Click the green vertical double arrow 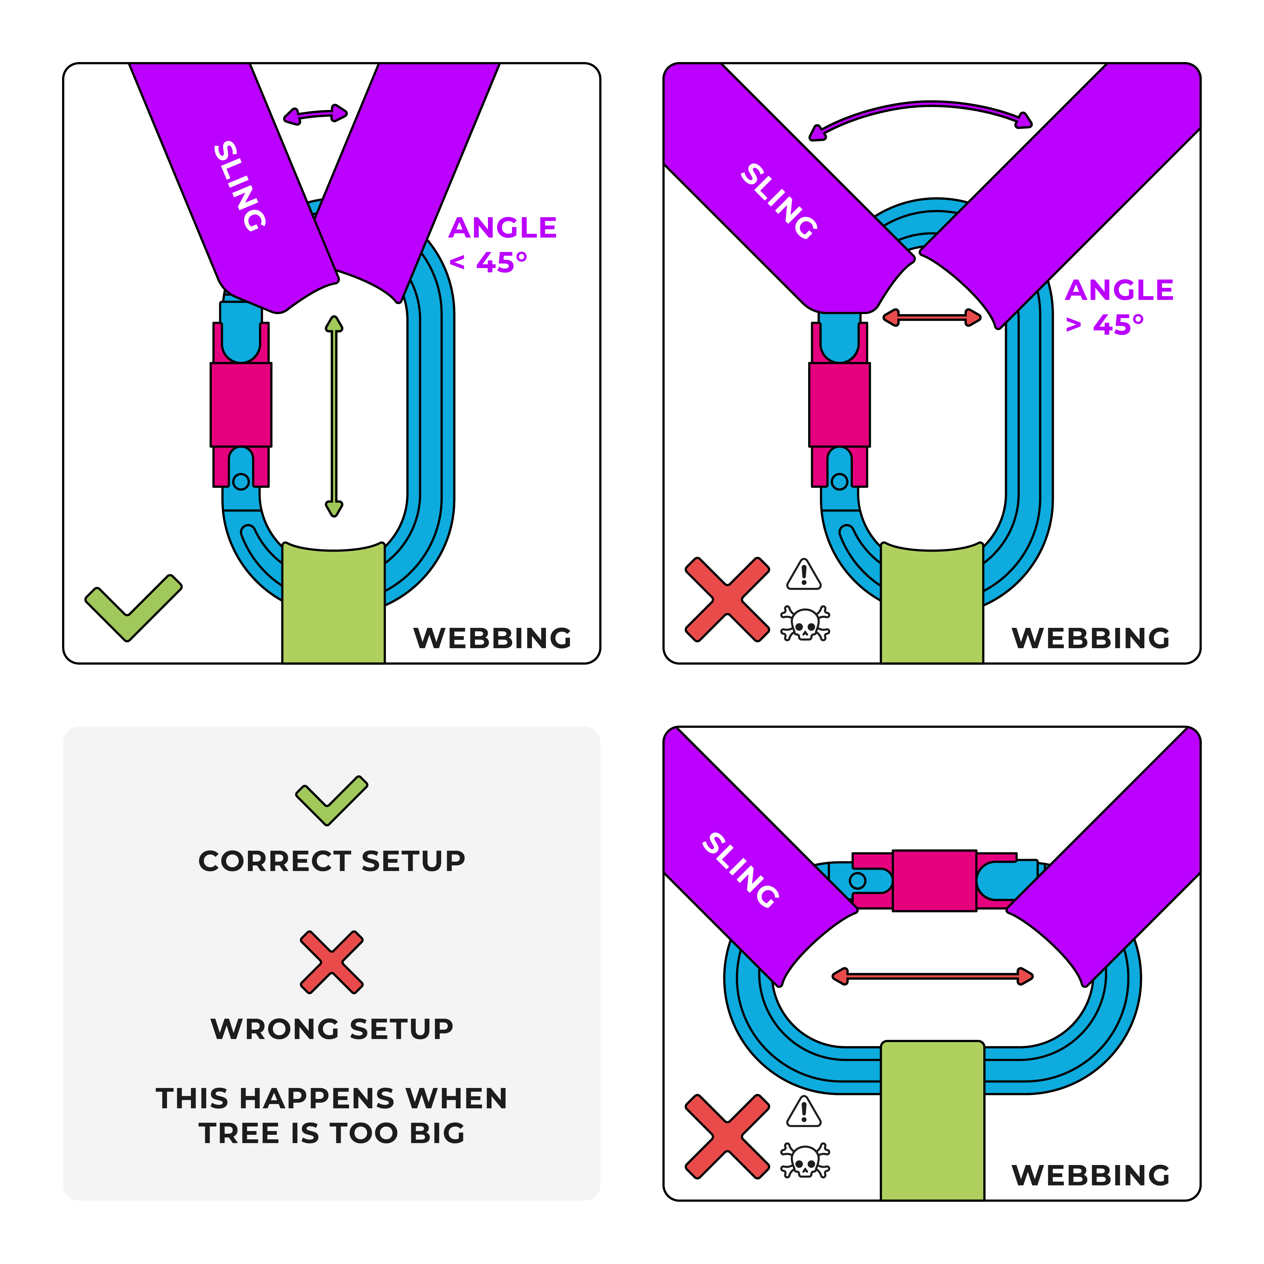point(334,417)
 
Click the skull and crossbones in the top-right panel point(805,624)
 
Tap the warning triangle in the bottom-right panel point(804,1112)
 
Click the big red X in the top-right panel point(727,599)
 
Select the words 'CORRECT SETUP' point(332,861)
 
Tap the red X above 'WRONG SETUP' point(332,962)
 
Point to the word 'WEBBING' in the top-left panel point(492,639)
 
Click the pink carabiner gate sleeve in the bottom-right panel point(934,881)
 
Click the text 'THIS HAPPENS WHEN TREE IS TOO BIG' point(332,1116)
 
